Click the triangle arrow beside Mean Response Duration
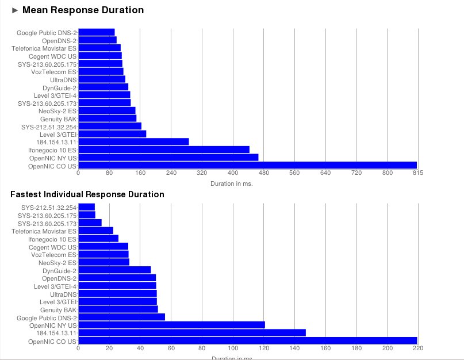point(15,11)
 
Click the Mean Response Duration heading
point(83,10)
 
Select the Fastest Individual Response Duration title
point(87,194)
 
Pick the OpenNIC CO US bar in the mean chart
point(248,165)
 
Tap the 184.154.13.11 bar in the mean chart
point(134,142)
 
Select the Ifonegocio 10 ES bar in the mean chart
point(164,150)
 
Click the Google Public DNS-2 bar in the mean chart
point(97,32)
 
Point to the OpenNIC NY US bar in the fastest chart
point(172,325)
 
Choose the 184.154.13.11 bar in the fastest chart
point(192,333)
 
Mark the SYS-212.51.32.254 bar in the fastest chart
point(87,207)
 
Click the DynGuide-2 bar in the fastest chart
point(115,270)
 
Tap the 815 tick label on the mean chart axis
point(418,173)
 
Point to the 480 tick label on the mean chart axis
point(264,173)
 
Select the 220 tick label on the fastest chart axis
point(418,348)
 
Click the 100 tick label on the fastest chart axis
point(233,348)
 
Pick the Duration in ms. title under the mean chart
point(232,183)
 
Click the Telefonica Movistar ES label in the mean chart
point(44,48)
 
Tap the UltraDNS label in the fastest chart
point(63,294)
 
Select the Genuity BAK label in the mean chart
point(58,119)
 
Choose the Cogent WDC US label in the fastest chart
point(53,247)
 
